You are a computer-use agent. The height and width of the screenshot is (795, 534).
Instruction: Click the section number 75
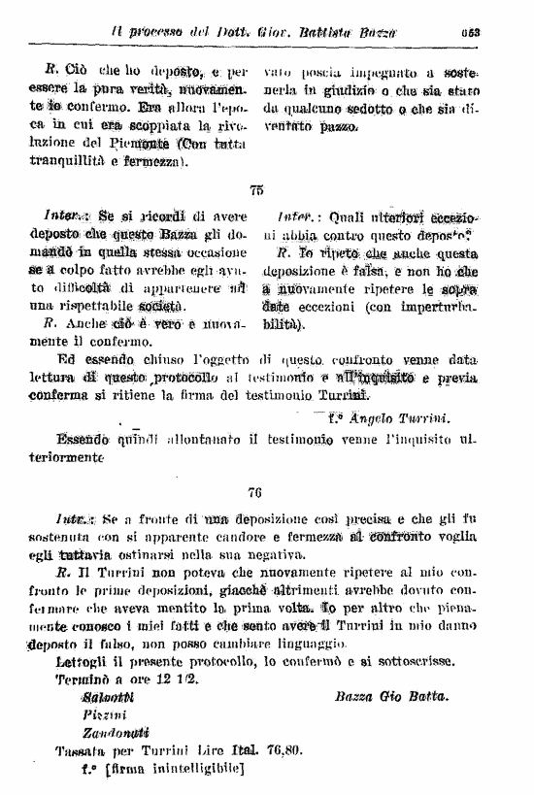coord(256,192)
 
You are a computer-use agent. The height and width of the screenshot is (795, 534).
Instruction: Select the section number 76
coord(256,492)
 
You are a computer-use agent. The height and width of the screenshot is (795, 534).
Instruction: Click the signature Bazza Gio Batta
coord(391,698)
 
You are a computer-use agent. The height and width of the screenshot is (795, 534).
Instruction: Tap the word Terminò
coord(83,680)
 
